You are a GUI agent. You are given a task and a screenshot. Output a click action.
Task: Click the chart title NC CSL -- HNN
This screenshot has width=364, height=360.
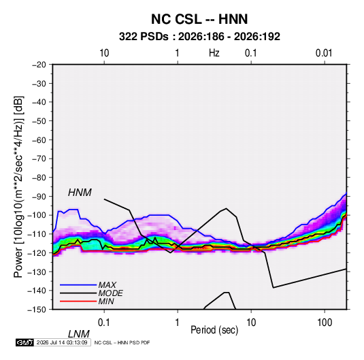tap(199, 19)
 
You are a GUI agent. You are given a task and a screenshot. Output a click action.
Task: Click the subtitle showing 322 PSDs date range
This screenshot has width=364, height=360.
tap(199, 37)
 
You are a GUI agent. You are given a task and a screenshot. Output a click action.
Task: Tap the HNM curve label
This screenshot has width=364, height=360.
tap(80, 193)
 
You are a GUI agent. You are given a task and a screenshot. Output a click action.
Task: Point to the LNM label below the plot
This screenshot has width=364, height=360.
tap(78, 334)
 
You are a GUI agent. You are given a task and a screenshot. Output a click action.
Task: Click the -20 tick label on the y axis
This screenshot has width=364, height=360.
tap(39, 65)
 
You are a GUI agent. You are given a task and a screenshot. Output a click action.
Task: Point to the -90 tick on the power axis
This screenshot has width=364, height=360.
tap(39, 197)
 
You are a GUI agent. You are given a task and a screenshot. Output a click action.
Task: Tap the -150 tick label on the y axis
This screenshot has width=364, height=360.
tap(37, 310)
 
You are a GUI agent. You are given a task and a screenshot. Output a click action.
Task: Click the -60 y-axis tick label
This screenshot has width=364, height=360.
tap(39, 140)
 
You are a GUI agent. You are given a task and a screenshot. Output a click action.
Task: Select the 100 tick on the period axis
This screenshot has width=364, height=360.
tap(325, 323)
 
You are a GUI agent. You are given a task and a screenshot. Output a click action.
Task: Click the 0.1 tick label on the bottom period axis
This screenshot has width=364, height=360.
tap(104, 323)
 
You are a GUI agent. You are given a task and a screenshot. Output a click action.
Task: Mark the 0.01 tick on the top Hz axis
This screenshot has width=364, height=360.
tap(324, 53)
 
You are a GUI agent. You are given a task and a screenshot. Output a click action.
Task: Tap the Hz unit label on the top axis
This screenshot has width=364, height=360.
tap(214, 53)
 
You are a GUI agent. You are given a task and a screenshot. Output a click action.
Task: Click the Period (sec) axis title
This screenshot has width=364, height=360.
tap(214, 330)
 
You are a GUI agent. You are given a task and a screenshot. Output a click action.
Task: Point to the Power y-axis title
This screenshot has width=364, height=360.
tap(18, 186)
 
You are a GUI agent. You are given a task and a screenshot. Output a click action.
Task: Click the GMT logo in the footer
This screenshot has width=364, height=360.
tap(25, 342)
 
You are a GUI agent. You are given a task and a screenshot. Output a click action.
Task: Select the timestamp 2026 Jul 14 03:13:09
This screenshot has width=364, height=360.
tap(62, 342)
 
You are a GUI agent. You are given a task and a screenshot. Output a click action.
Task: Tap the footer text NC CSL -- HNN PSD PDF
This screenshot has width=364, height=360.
tap(122, 342)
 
